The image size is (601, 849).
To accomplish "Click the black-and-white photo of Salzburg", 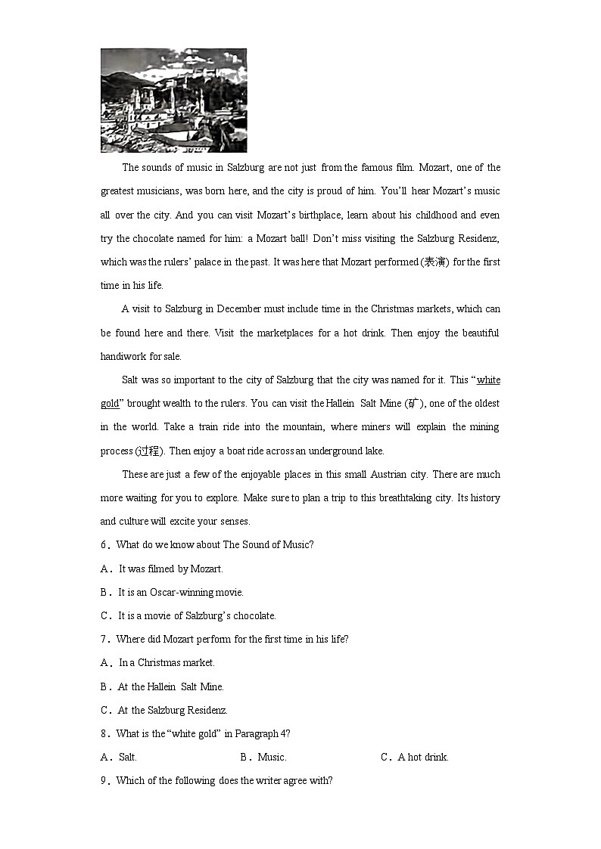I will click(173, 100).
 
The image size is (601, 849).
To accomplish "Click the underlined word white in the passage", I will click(488, 380).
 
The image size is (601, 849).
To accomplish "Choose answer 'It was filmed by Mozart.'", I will click(170, 569).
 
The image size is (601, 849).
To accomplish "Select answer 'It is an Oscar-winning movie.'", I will click(180, 593).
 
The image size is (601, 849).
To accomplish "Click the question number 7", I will click(104, 640).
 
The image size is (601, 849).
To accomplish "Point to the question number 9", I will click(104, 781).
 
